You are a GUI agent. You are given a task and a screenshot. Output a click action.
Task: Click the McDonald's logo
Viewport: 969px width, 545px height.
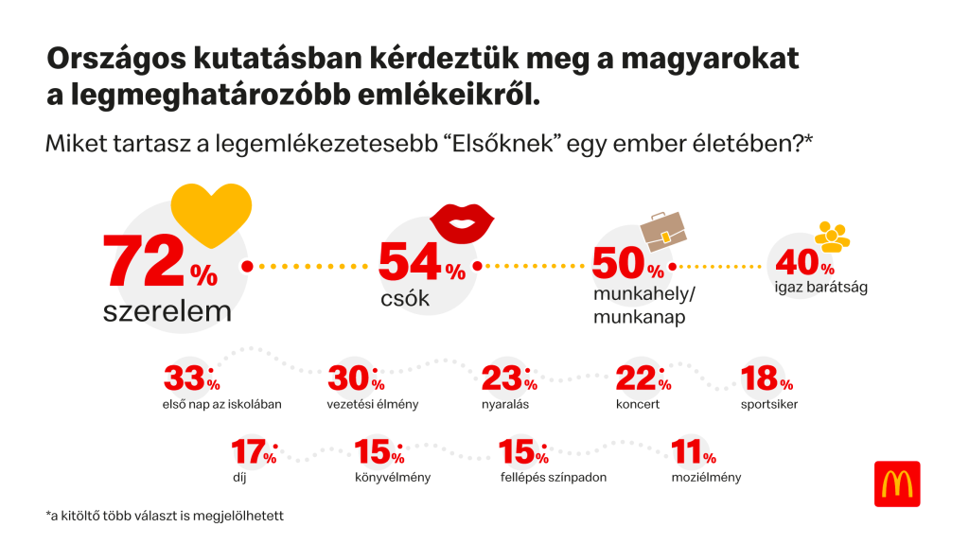coord(896,483)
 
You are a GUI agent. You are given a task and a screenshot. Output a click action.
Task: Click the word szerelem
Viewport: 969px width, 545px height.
coord(167,311)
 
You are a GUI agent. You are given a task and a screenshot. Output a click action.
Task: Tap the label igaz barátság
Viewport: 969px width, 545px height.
coord(821,286)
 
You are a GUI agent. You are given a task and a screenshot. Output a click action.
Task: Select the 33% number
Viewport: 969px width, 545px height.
coord(191,379)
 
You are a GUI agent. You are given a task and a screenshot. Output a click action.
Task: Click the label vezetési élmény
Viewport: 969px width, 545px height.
coord(373,404)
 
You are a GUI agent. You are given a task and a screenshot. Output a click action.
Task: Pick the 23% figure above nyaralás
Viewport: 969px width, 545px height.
coord(508,379)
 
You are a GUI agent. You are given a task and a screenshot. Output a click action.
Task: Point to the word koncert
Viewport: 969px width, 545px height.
coord(637,404)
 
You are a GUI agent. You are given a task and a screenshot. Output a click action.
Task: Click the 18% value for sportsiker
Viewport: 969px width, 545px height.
coord(766,379)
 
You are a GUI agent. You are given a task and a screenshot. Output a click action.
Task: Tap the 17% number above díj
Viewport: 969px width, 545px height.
coord(255,453)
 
